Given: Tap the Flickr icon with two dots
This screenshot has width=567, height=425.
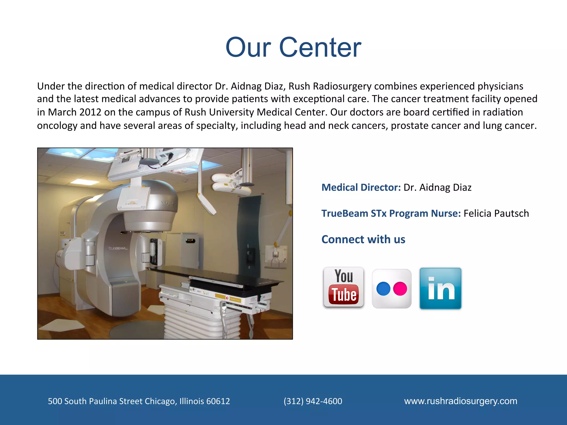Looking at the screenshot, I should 391,289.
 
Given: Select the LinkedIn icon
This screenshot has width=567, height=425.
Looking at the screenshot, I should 440,288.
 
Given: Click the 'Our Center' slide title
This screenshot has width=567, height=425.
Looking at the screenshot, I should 293,48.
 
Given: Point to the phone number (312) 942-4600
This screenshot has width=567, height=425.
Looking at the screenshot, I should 313,401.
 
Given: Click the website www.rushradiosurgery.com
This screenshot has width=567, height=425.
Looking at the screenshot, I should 460,401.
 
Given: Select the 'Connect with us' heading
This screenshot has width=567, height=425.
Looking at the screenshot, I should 363,239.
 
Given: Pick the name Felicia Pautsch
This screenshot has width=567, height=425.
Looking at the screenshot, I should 496,213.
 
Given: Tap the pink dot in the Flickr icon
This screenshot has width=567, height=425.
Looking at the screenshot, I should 400,289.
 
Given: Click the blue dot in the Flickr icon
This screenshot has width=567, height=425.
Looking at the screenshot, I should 383,289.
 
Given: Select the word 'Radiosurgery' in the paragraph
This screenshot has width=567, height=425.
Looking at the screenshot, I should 342,86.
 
